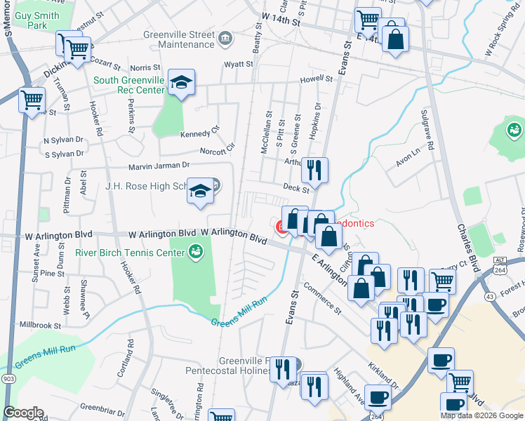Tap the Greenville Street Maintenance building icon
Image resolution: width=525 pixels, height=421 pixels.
tap(226, 37)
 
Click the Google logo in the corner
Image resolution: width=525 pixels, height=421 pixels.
tap(23, 412)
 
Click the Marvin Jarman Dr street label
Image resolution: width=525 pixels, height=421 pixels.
tap(159, 166)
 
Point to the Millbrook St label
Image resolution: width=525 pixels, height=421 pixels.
tap(41, 326)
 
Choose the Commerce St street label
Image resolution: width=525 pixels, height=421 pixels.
tap(323, 300)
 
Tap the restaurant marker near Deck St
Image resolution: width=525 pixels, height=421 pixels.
tap(314, 170)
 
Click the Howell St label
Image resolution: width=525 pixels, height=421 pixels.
tap(315, 80)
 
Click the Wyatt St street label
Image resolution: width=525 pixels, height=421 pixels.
tap(238, 64)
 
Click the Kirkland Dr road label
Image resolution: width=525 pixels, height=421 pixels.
tap(383, 377)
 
